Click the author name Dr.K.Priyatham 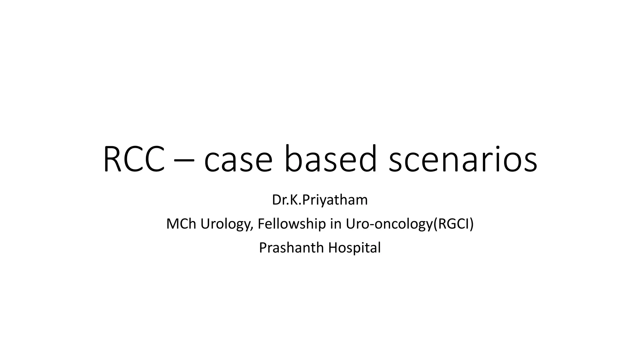pyautogui.click(x=320, y=200)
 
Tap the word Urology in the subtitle pyautogui.click(x=226, y=224)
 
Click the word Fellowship pyautogui.click(x=292, y=224)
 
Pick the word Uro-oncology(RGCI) pyautogui.click(x=410, y=224)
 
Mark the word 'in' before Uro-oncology pyautogui.click(x=336, y=224)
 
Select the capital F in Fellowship pyautogui.click(x=261, y=224)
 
